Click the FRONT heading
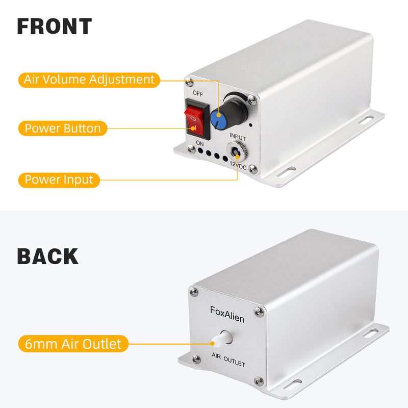pos(55,26)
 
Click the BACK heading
pos(47,257)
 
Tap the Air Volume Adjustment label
pos(89,80)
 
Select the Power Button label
pos(63,129)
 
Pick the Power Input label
pos(59,180)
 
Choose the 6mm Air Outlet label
pos(73,344)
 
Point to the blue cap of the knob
pos(218,120)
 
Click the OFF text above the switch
pos(198,93)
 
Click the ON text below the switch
pos(200,143)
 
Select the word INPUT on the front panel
pos(238,137)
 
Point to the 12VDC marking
pos(238,165)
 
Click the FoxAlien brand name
pos(227,314)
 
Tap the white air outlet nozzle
pos(222,339)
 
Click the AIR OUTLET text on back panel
pos(228,360)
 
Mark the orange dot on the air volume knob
pos(219,115)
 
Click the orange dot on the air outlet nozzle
pos(213,343)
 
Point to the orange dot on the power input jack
pos(237,157)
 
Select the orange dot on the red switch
pos(193,128)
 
